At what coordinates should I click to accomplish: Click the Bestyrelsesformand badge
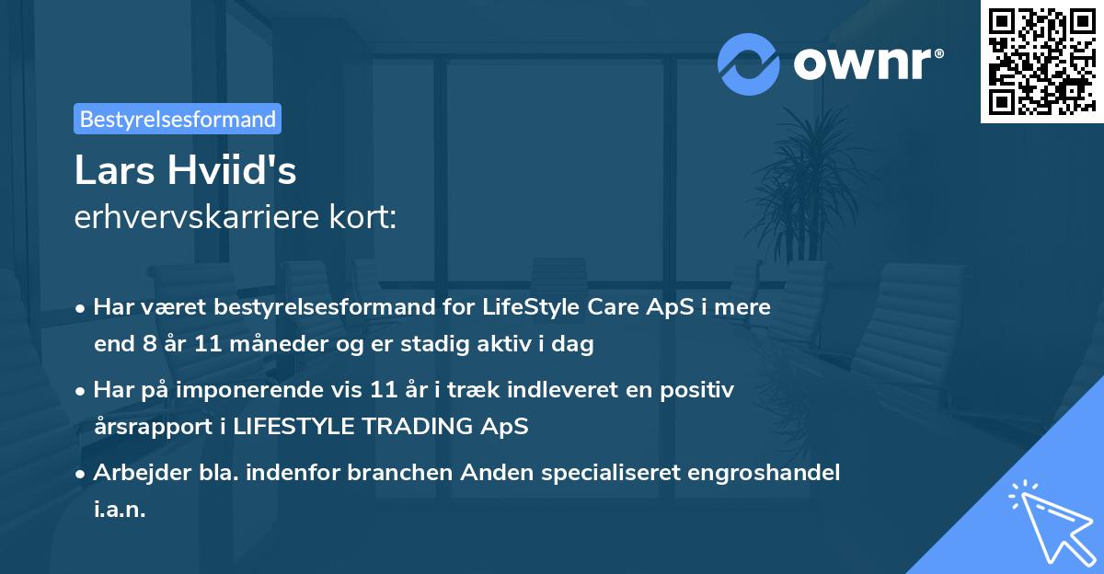click(178, 119)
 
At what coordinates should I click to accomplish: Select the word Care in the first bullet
click(597, 307)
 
